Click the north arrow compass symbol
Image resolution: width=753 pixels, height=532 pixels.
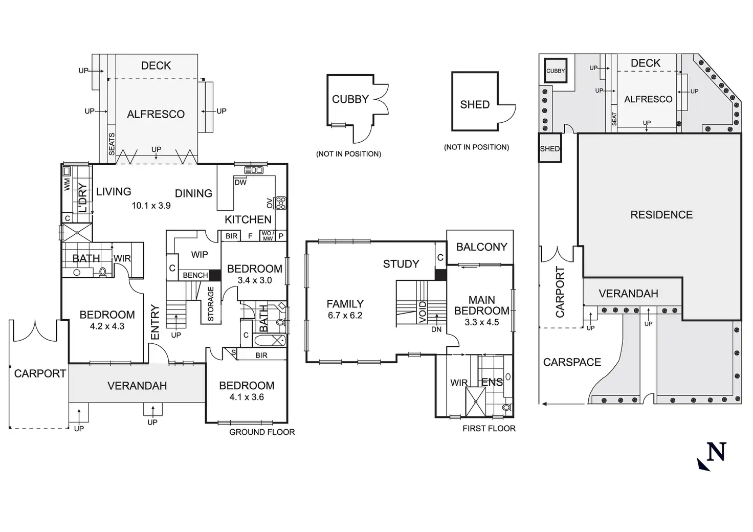coord(712,455)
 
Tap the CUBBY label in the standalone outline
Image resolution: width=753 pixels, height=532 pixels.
coord(350,99)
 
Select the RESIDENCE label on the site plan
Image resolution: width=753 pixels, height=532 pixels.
coord(661,215)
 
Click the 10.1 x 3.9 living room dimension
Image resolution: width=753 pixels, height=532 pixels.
coord(151,206)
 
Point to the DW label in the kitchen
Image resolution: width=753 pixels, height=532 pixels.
coord(240,183)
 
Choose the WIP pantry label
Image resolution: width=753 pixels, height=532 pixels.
coord(200,255)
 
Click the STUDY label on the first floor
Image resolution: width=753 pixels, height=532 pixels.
coord(401,264)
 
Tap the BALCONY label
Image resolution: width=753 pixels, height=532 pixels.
coord(481,247)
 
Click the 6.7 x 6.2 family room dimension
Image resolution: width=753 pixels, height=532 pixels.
coord(345,316)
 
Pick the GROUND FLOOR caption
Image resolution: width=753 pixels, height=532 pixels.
coord(262,432)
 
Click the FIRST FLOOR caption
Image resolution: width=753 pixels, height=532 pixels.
coord(489,429)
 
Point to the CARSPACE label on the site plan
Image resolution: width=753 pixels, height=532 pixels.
coord(572,362)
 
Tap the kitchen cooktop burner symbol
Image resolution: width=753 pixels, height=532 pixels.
coord(280,203)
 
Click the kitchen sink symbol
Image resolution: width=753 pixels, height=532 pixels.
coord(254,170)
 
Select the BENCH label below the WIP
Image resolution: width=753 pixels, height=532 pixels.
coord(195,275)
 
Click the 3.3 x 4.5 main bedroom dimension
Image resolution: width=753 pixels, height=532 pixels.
coord(481,322)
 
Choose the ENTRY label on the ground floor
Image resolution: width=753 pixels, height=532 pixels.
coord(156,322)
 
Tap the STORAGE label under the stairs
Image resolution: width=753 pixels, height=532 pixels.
coord(211,304)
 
